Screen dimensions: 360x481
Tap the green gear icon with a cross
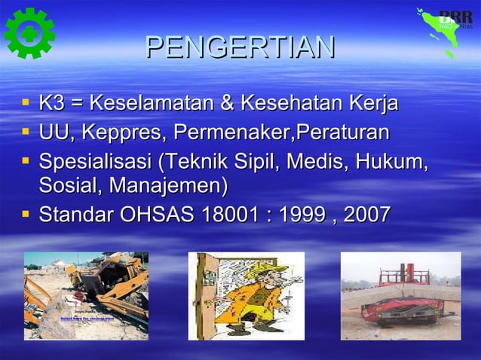(29, 32)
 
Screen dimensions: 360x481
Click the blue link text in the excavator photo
(87, 319)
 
